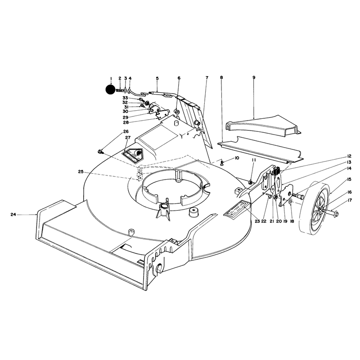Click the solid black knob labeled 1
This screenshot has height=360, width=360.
110,89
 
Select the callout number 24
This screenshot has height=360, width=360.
13,215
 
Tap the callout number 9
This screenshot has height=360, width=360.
254,77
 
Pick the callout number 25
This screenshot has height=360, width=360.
81,172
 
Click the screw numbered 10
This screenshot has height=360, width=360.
222,163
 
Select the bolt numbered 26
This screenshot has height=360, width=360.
100,152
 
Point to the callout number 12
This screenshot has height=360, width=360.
349,156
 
